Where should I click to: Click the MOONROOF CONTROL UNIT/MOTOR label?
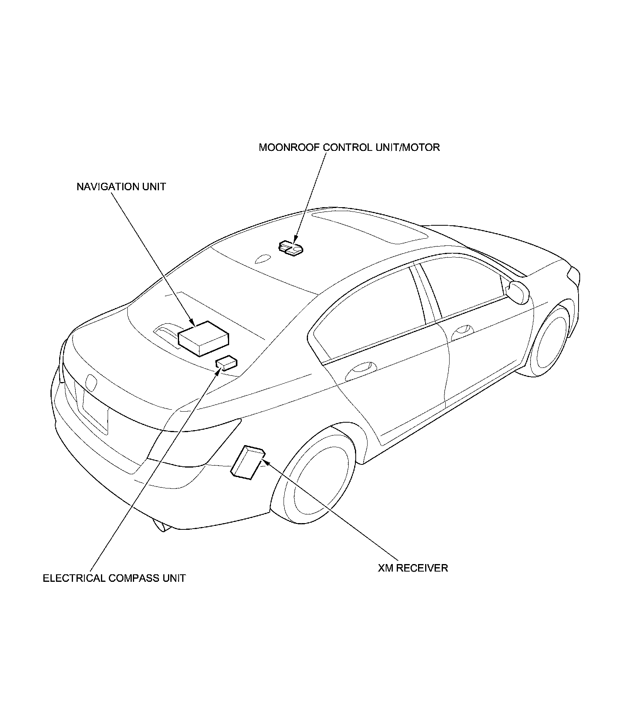[349, 148]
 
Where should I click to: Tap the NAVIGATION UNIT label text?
[121, 187]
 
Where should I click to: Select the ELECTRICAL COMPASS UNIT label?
[114, 579]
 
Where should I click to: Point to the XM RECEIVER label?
[413, 568]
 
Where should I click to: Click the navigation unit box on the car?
[203, 338]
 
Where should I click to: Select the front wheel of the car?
[551, 341]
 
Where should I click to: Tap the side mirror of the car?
[518, 291]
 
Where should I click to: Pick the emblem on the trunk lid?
[91, 382]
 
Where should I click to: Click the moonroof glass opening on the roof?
[371, 226]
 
